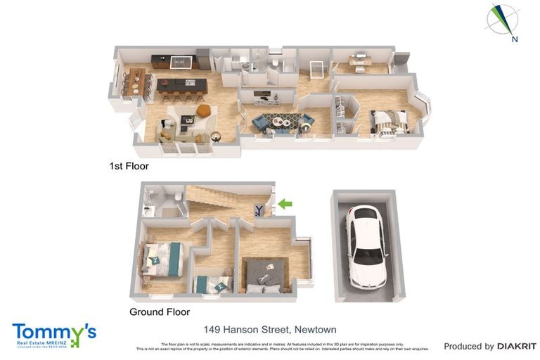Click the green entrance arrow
pyautogui.click(x=285, y=204)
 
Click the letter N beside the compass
pyautogui.click(x=515, y=39)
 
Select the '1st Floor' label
pyautogui.click(x=129, y=167)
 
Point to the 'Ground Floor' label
pyautogui.click(x=160, y=311)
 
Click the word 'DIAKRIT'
pyautogui.click(x=517, y=346)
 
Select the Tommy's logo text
pyautogui.click(x=53, y=332)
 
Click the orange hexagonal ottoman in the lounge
pyautogui.click(x=203, y=110)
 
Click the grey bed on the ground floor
pyautogui.click(x=264, y=274)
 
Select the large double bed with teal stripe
pyautogui.click(x=163, y=257)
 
